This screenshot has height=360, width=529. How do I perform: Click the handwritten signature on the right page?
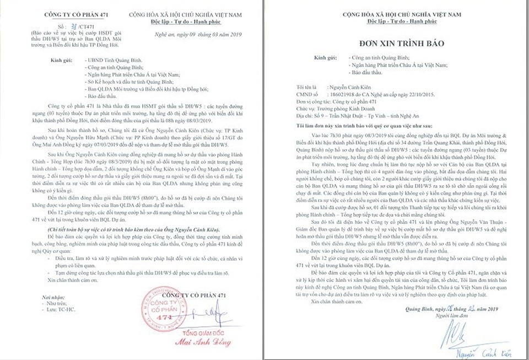pyautogui.click(x=468, y=333)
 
